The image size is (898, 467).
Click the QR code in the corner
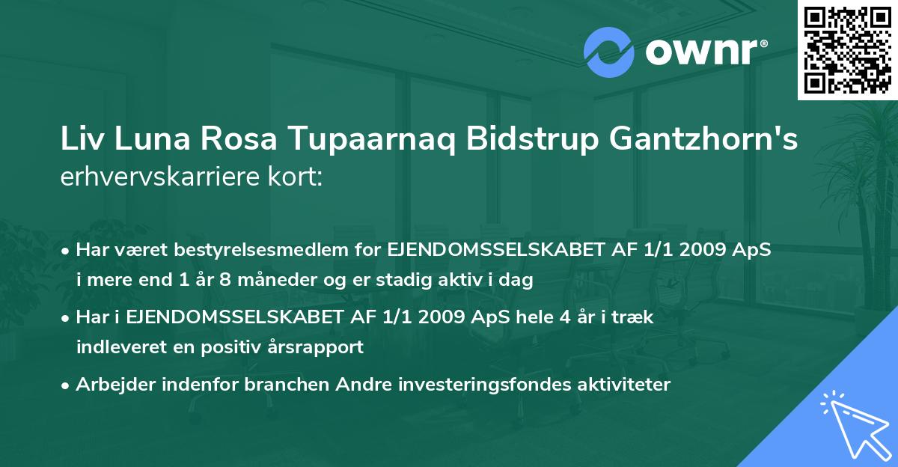(x=847, y=50)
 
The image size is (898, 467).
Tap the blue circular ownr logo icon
(x=609, y=52)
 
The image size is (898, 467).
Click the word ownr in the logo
(x=700, y=52)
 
